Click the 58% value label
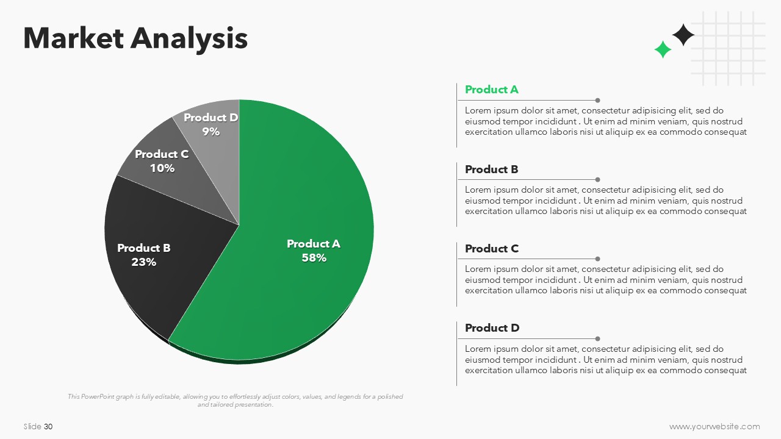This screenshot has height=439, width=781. point(314,258)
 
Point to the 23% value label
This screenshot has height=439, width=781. point(143,262)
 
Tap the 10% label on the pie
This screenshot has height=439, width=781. point(162,168)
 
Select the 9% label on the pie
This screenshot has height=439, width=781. point(211,132)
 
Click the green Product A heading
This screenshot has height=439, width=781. point(492,90)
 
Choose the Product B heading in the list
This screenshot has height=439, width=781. point(492,170)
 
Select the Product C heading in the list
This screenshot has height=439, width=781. point(492,249)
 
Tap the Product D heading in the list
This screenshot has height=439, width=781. point(492,328)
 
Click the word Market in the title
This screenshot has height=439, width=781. point(74,38)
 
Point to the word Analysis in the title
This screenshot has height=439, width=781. point(189,40)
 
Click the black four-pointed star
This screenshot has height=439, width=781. point(683,35)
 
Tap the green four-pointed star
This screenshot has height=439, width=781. point(663,49)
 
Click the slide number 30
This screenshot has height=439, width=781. point(48,426)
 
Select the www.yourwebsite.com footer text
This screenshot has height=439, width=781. point(714,426)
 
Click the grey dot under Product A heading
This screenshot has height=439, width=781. point(597,101)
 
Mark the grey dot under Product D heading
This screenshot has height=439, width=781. point(597,338)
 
